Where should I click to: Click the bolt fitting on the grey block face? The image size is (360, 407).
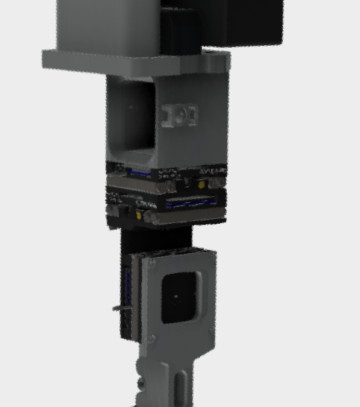pyautogui.click(x=180, y=115)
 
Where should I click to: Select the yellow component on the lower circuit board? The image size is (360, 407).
pyautogui.click(x=140, y=215)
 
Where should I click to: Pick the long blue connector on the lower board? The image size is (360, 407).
pyautogui.click(x=191, y=203)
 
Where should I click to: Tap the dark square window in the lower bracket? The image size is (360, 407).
pyautogui.click(x=180, y=297)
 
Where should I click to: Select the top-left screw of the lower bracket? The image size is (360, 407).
pyautogui.click(x=152, y=263)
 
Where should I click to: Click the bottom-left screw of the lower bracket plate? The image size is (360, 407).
pyautogui.click(x=151, y=340)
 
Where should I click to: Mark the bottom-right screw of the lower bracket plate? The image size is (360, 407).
pyautogui.click(x=210, y=330)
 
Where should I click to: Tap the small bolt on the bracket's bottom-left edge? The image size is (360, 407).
pyautogui.click(x=141, y=382)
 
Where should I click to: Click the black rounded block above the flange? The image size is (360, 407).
pyautogui.click(x=181, y=30)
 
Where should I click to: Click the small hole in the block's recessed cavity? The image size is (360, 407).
pyautogui.click(x=130, y=108)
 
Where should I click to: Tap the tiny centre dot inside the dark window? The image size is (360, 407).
pyautogui.click(x=176, y=297)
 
